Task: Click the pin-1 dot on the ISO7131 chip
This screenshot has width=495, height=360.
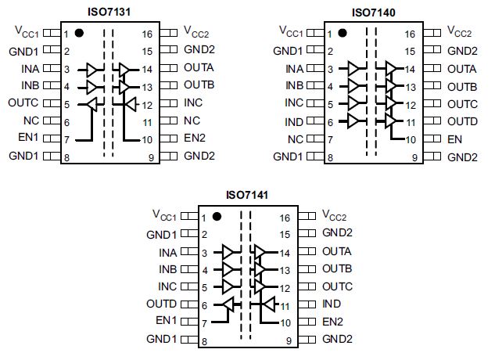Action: (79, 34)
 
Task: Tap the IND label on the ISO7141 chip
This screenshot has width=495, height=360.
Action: (331, 304)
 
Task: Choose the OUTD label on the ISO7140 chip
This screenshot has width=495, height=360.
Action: (462, 121)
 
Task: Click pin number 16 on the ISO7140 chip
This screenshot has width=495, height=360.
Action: (411, 34)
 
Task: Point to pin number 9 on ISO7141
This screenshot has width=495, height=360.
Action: (288, 340)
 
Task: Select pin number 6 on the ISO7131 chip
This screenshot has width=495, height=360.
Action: (66, 122)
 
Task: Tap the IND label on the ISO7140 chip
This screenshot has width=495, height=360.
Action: (294, 121)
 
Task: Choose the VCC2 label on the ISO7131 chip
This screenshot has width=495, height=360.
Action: (196, 32)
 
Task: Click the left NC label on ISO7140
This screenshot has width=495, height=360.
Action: (295, 139)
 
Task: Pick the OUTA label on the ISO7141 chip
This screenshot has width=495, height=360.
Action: (337, 252)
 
